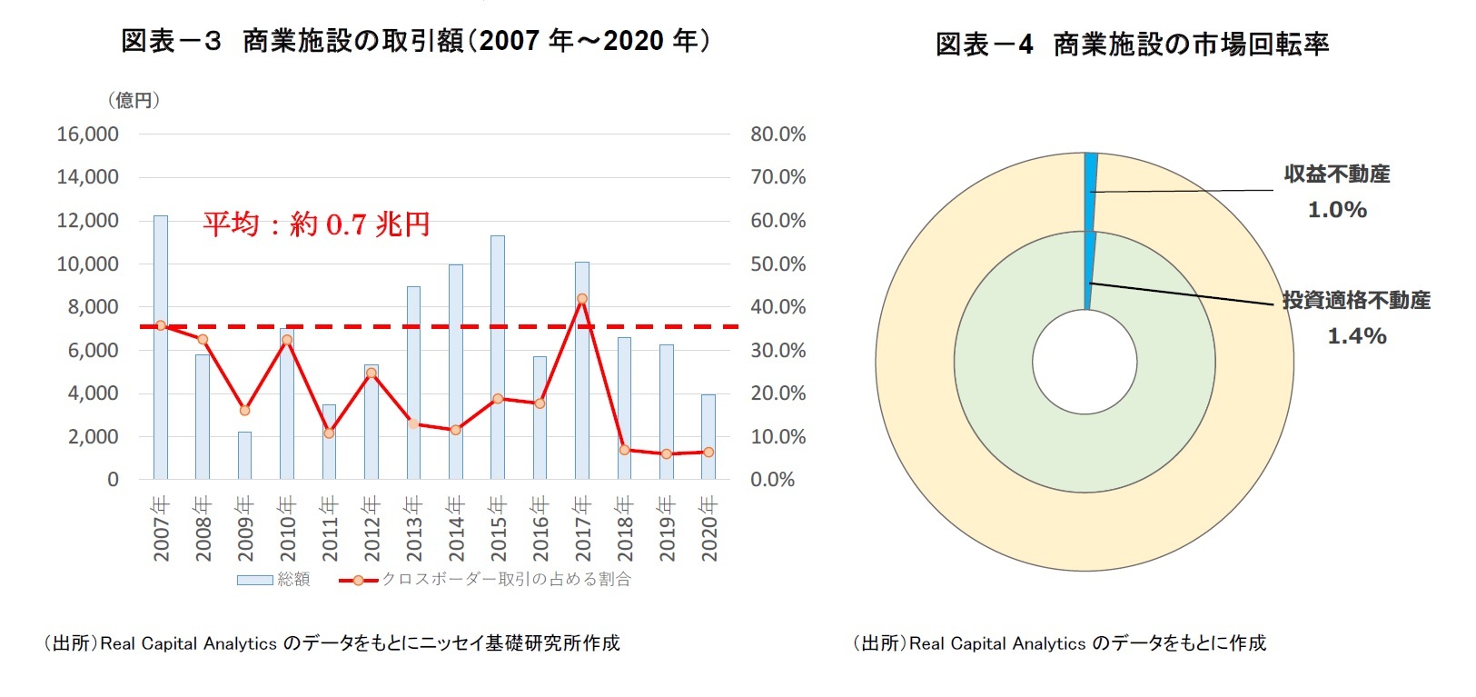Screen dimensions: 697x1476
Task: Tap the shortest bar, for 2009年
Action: point(244,455)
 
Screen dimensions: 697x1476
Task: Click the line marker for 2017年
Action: point(582,299)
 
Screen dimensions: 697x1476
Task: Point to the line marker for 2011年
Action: point(329,433)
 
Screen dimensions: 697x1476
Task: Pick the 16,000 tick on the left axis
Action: point(88,134)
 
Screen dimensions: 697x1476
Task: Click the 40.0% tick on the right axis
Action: point(778,307)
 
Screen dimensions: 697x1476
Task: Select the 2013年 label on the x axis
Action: point(414,528)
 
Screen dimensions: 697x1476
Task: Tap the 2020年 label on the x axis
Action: point(709,528)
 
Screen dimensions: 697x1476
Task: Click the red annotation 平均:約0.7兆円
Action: point(315,224)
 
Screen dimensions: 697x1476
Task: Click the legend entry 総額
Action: point(274,580)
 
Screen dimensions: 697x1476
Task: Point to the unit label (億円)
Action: point(134,100)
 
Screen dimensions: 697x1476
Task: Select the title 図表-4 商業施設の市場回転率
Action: point(1133,45)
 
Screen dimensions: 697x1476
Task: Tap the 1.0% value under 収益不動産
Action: point(1336,210)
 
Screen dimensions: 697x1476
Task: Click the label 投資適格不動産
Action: point(1356,301)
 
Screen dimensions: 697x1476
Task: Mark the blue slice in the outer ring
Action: point(1091,191)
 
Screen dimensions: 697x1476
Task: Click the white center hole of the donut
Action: point(1085,362)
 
